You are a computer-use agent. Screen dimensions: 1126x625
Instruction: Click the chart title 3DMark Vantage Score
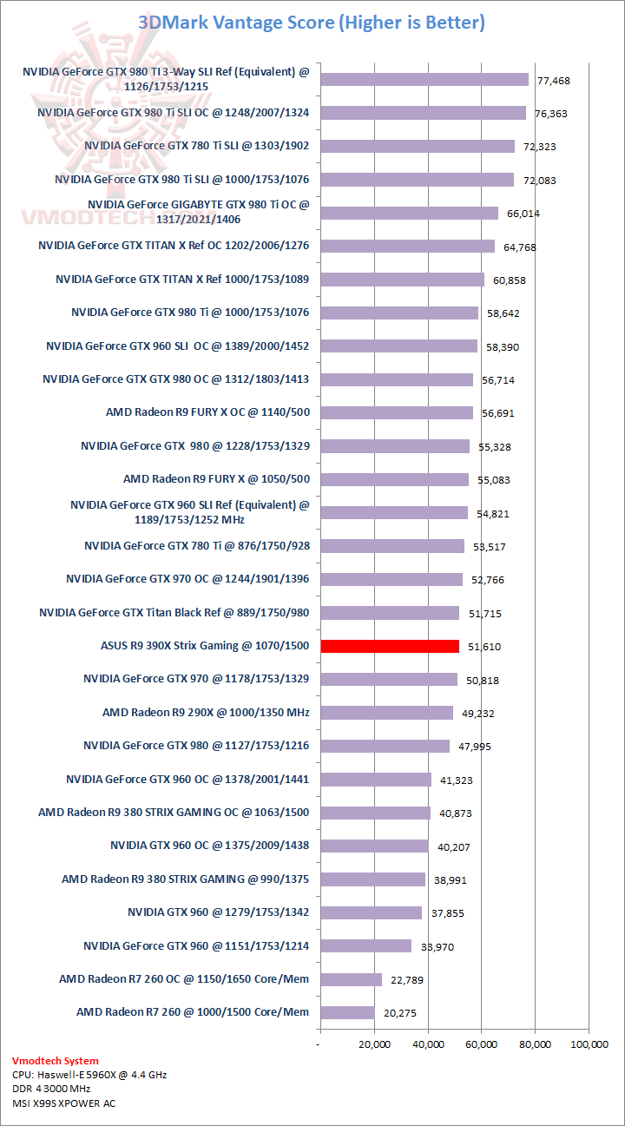click(x=312, y=23)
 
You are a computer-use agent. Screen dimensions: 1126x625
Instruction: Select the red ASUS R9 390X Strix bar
click(x=390, y=646)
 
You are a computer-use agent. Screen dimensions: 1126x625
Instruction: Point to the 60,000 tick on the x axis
click(x=482, y=1044)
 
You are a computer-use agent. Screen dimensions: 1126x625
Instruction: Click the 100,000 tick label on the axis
click(x=588, y=1044)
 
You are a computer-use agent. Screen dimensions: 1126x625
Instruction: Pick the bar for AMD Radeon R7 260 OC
click(x=351, y=979)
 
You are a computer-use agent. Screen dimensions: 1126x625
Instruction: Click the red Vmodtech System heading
click(x=56, y=1060)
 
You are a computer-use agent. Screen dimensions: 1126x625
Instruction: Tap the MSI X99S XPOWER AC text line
click(x=63, y=1103)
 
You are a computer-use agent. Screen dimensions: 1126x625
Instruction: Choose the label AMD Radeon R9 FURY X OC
click(x=207, y=412)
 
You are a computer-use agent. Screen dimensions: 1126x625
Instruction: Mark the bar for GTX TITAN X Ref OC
click(x=407, y=246)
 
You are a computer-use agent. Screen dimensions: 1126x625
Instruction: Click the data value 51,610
click(x=484, y=647)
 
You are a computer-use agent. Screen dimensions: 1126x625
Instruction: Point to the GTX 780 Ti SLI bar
click(x=418, y=146)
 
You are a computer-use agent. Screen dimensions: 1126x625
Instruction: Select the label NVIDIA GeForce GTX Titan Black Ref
click(x=174, y=612)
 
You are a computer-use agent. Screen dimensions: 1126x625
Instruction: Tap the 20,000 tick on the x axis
click(x=374, y=1044)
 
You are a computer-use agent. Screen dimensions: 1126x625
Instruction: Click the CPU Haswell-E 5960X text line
click(x=89, y=1074)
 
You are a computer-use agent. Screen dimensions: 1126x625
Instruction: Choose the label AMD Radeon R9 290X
click(x=206, y=712)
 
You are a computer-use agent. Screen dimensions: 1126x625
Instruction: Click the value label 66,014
click(x=523, y=214)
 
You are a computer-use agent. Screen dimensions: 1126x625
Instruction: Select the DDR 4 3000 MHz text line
click(x=51, y=1089)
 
